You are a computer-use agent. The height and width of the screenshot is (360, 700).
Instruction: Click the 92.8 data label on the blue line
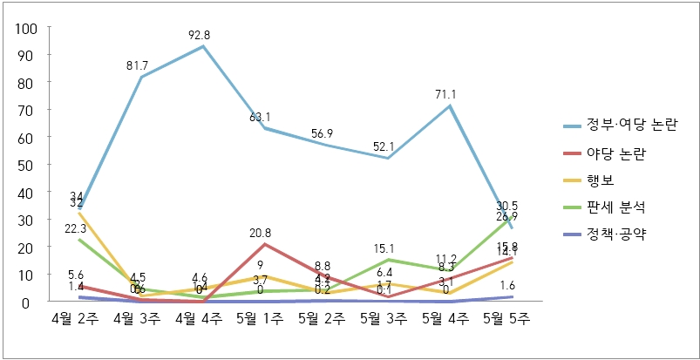[204, 36]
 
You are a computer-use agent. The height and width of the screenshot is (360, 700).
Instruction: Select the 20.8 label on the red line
[265, 233]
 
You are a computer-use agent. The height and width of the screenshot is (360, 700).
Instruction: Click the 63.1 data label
[265, 117]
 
